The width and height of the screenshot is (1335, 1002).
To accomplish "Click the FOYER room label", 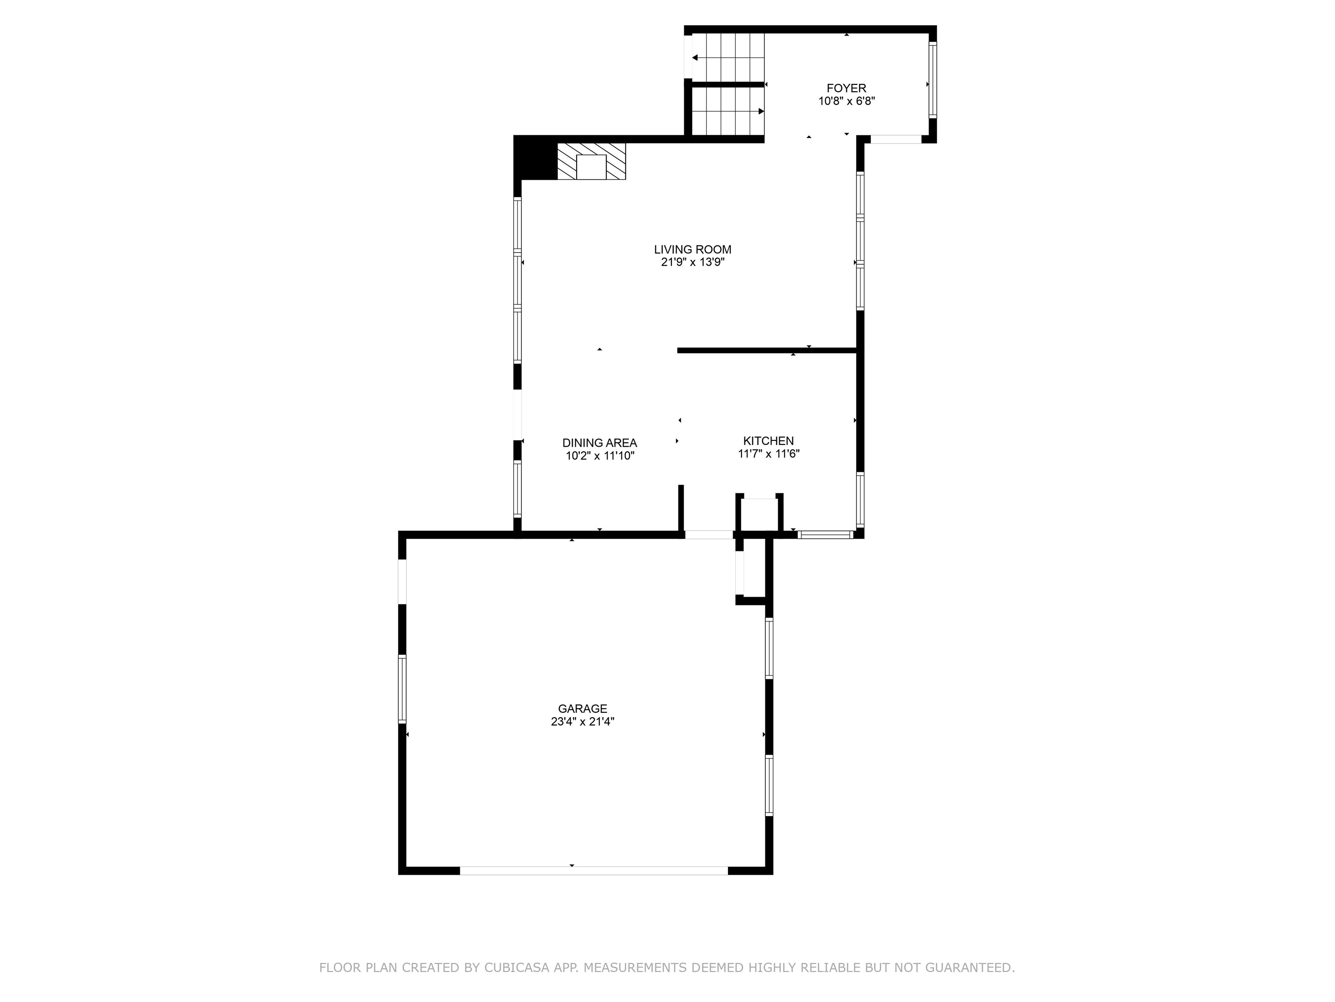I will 846,88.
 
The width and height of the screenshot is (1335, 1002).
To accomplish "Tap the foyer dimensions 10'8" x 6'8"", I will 846,101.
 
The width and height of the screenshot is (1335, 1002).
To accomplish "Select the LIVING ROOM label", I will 692,250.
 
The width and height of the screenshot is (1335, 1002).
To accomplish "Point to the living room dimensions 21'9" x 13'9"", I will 692,262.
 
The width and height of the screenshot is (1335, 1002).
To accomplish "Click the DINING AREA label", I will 599,443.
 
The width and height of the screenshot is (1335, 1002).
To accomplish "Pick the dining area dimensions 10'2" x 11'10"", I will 599,456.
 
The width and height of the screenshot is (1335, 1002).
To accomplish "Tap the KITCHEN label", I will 768,441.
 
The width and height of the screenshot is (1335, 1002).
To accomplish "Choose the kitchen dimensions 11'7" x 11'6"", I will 768,454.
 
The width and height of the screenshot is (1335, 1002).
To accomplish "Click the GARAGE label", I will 582,708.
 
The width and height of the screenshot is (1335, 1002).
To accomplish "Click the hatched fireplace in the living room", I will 591,161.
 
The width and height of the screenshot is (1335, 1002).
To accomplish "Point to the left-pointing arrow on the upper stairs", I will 695,58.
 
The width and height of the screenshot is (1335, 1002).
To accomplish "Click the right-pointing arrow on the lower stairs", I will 761,111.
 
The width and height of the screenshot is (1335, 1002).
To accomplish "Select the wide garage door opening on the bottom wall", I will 594,870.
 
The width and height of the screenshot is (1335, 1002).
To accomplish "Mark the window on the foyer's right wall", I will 933,80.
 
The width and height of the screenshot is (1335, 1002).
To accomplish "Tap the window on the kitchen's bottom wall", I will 825,534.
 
